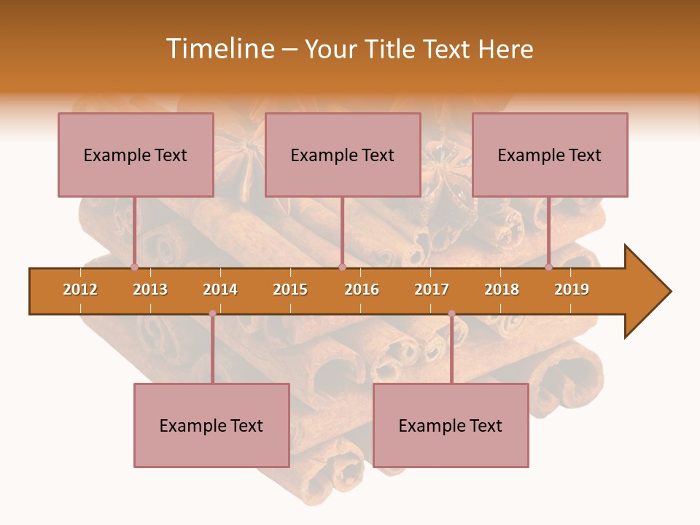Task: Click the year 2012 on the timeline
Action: (80, 289)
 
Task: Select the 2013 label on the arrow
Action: (150, 289)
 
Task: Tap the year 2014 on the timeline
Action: (220, 289)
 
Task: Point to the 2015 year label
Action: (290, 289)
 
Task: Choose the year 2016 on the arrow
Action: (362, 289)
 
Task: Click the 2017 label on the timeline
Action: (432, 289)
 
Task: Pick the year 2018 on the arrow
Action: (502, 289)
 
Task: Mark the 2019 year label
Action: (572, 289)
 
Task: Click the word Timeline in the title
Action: (219, 49)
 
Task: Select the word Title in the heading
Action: (392, 49)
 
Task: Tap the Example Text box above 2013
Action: (136, 155)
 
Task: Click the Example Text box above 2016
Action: (343, 155)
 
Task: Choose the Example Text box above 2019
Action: (550, 155)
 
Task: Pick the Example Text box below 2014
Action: (211, 425)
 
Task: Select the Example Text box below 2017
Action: (451, 425)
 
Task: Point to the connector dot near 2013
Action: (134, 267)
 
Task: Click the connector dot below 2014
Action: (212, 314)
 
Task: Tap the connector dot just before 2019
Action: (548, 267)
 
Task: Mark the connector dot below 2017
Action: (451, 314)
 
